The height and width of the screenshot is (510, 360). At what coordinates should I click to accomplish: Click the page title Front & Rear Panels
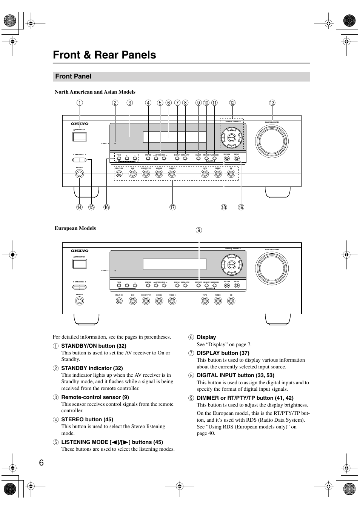pos(105,55)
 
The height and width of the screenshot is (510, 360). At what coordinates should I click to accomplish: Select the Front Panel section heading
pos(73,76)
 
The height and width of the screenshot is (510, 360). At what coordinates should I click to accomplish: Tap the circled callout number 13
pos(272,103)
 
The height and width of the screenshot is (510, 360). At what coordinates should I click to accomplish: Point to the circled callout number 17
pos(172,207)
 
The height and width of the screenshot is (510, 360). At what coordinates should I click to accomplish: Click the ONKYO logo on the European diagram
pos(79,251)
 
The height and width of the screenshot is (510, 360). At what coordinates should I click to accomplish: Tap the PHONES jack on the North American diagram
pos(79,174)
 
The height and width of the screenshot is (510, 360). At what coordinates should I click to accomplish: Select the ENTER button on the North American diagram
pos(232,138)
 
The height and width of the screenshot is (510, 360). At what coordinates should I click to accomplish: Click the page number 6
pos(41,463)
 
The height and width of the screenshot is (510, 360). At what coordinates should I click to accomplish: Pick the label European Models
pos(75,228)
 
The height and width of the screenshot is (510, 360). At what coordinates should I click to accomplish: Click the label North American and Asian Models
pos(95,92)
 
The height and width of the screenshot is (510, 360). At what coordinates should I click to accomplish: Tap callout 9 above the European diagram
pos(199,230)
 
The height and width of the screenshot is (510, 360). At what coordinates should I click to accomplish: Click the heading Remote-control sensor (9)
pos(95,397)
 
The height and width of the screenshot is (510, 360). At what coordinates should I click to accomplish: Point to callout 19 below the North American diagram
pos(241,207)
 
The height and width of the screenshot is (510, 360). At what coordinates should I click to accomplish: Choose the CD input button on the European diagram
pos(231,301)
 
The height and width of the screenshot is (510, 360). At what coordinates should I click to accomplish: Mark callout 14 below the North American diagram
pos(79,207)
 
